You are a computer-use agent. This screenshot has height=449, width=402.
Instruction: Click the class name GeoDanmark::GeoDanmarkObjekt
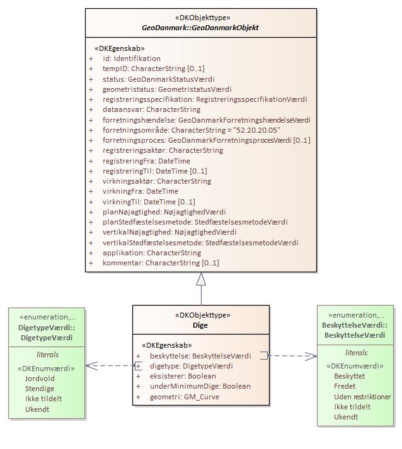201,28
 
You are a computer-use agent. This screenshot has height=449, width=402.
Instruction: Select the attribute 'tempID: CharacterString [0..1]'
153,69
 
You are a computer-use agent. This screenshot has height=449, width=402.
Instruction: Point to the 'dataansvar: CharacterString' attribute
151,109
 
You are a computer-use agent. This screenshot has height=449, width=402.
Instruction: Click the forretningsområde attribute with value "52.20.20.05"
191,130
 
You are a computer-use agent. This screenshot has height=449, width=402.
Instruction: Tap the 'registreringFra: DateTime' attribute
146,161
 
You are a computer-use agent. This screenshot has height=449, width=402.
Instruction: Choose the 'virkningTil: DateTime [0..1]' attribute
149,202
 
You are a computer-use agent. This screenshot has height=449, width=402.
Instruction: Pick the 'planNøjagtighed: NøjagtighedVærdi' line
164,212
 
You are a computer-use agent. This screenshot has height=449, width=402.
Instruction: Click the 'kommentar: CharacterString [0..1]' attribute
161,263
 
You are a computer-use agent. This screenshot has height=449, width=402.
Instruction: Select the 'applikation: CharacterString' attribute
152,253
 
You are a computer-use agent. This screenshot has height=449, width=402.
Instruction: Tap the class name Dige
200,325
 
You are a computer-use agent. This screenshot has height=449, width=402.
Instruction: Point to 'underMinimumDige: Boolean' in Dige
200,386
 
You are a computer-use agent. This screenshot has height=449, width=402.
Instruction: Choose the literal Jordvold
40,379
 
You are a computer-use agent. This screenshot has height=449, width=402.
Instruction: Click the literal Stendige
40,389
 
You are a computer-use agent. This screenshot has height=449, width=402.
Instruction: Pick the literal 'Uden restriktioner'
362,397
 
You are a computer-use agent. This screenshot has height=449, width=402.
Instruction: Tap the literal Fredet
345,386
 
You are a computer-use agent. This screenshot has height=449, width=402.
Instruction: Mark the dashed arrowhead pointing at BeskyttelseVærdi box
313,356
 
